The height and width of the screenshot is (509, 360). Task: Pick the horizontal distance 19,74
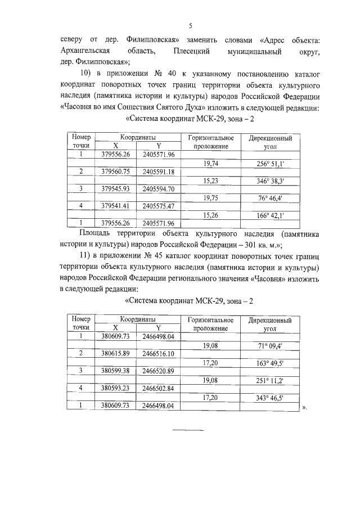(x=210, y=163)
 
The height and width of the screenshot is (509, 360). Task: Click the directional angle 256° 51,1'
(x=269, y=163)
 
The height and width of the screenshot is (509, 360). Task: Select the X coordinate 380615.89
(x=115, y=353)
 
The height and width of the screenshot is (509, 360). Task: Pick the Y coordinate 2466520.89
(x=158, y=371)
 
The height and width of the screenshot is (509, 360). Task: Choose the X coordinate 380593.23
(x=115, y=388)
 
